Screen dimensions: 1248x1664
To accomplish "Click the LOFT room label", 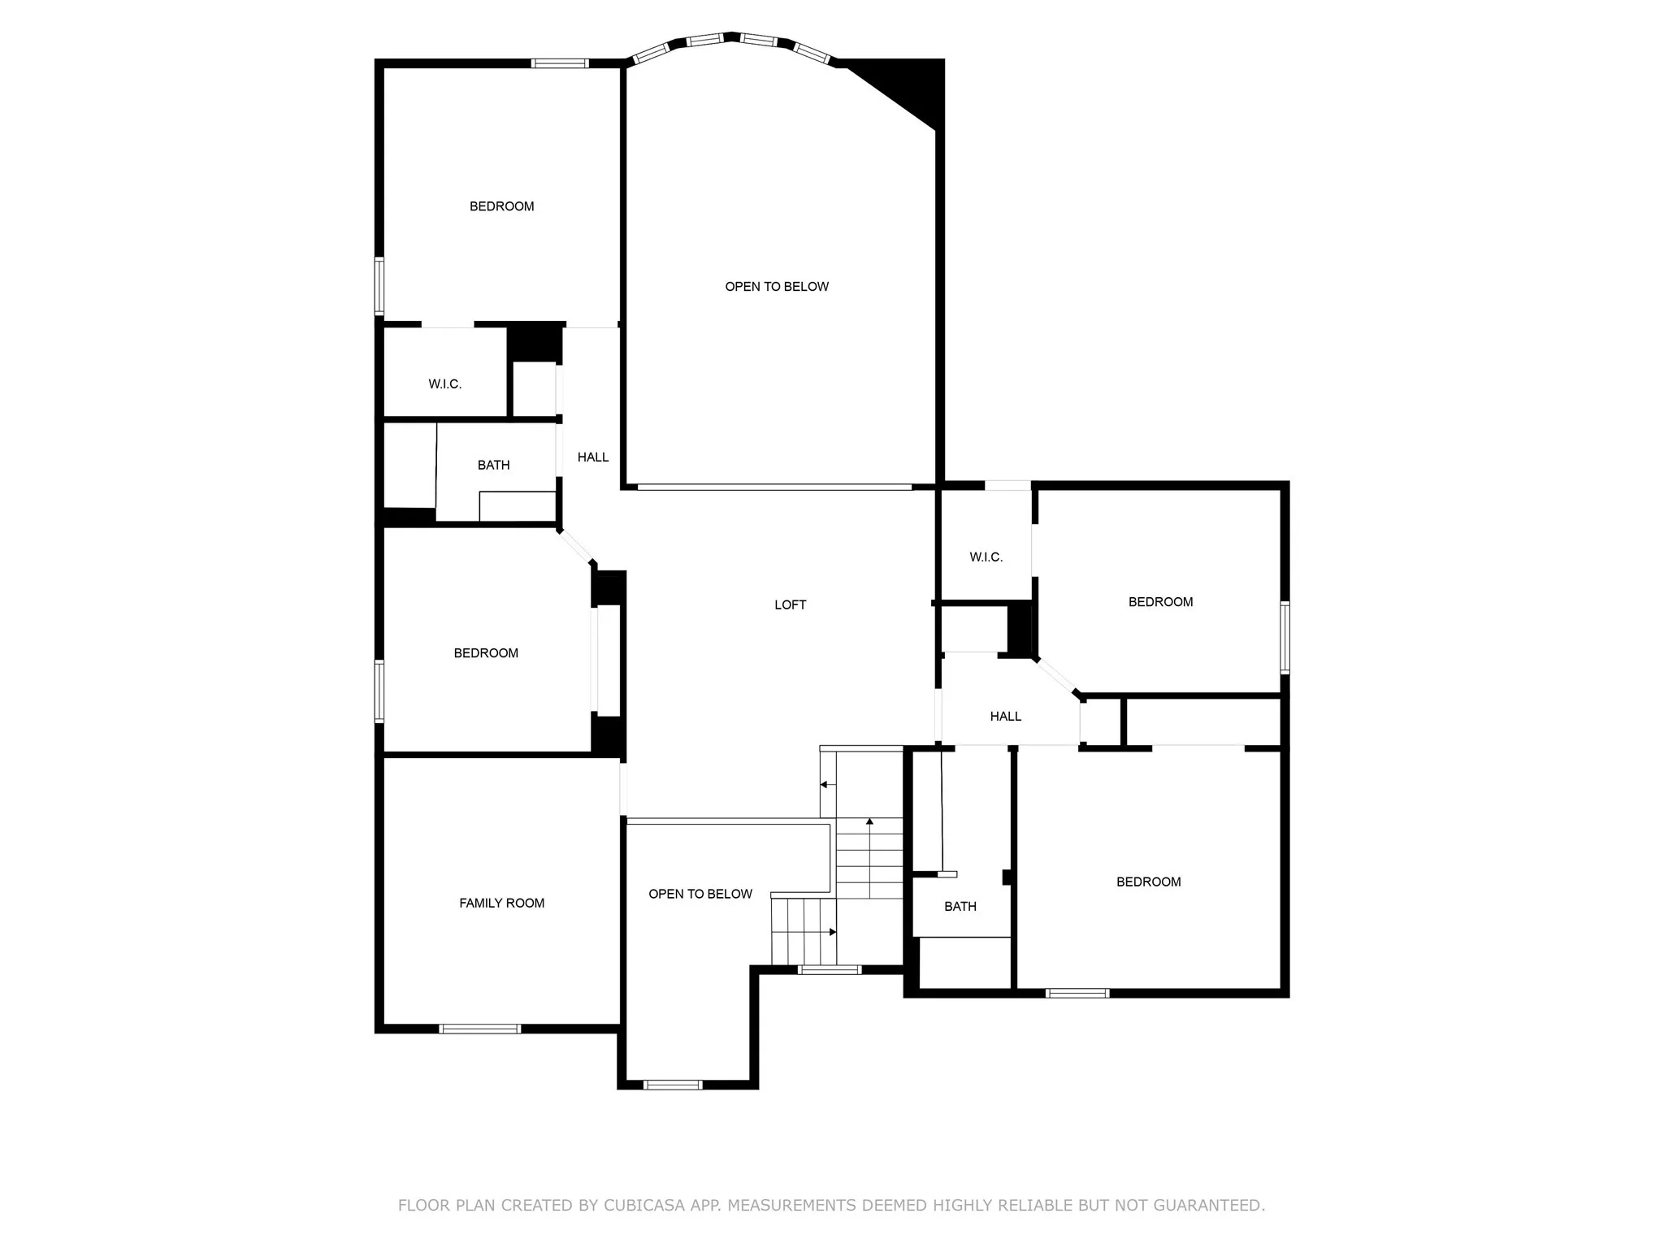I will (790, 604).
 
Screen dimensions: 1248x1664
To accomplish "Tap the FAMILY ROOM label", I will (501, 903).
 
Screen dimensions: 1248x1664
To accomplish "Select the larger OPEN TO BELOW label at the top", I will (777, 286).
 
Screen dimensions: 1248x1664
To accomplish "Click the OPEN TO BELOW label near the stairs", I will (700, 894).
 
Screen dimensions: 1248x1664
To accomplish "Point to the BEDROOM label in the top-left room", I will (501, 206).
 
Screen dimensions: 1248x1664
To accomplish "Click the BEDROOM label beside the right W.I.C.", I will (1160, 602).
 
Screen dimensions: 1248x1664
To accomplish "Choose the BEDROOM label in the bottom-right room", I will (1148, 882).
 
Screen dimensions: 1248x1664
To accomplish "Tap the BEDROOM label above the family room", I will (486, 653).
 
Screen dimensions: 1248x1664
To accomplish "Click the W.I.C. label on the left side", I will (444, 384).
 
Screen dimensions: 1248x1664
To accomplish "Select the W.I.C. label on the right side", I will (986, 557).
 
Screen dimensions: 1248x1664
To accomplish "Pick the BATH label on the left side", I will (493, 465).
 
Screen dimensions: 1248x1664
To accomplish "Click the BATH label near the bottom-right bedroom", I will (960, 906).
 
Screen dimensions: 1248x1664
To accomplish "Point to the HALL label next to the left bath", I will (592, 457).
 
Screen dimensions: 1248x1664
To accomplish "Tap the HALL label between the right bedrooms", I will (1005, 717).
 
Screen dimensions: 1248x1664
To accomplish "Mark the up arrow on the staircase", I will (869, 822).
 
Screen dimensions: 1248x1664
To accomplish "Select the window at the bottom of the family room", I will (479, 1029).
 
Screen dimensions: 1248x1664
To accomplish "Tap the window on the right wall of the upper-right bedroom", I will (1285, 637).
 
